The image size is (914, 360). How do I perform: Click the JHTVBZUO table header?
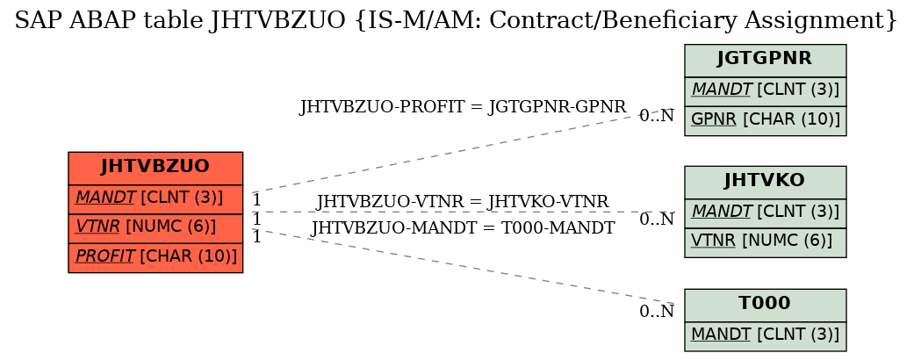coord(155,167)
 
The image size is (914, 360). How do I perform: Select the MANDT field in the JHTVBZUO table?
coord(155,198)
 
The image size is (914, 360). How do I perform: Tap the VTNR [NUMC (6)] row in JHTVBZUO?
coord(155,228)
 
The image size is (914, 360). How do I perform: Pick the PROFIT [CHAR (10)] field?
coord(155,257)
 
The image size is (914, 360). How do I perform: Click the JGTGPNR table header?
coord(765,60)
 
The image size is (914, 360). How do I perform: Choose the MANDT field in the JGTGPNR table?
coord(765,90)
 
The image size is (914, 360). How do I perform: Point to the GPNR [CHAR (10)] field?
coord(765,120)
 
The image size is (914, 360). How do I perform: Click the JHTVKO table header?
coord(765,182)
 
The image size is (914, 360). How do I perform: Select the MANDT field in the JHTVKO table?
coord(765,212)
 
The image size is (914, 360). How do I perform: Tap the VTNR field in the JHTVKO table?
coord(765,241)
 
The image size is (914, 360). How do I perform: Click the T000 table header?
coord(765,304)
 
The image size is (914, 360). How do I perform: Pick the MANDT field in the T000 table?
coord(765,335)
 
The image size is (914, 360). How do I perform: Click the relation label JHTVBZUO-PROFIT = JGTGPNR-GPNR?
coord(462,107)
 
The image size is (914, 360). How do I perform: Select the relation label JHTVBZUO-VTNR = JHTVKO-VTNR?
coord(462,202)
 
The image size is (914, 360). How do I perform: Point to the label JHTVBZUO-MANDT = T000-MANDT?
coord(463,228)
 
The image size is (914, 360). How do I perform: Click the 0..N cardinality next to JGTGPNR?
coord(657,116)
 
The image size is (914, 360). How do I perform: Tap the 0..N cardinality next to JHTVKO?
coord(657,220)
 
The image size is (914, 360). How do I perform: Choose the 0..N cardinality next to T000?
coord(657,313)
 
